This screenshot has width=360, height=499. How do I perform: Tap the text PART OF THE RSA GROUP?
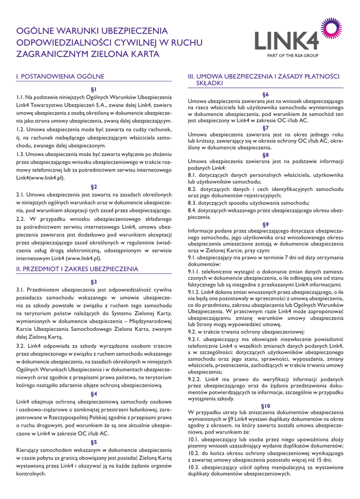pos(292,56)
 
